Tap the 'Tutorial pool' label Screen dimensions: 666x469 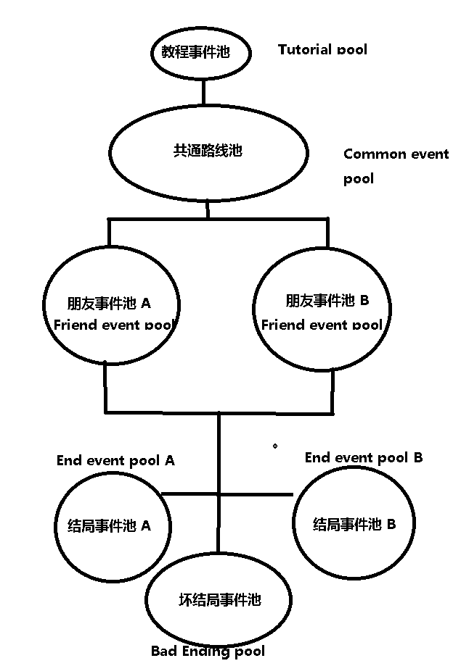pyautogui.click(x=322, y=49)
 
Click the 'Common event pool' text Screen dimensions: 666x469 pyautogui.click(x=396, y=165)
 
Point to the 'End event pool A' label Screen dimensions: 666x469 pyautogui.click(x=115, y=460)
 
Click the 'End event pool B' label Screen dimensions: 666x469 pyautogui.click(x=363, y=457)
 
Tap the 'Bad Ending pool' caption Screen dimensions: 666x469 pyautogui.click(x=208, y=651)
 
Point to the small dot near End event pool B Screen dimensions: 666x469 pyautogui.click(x=274, y=446)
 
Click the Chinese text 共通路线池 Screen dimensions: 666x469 pyautogui.click(x=207, y=151)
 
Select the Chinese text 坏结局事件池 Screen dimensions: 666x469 pyautogui.click(x=219, y=599)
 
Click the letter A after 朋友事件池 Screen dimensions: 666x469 pyautogui.click(x=146, y=302)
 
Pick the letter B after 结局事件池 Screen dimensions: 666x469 pyautogui.click(x=391, y=523)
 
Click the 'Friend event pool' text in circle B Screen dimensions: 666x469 pyautogui.click(x=321, y=325)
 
